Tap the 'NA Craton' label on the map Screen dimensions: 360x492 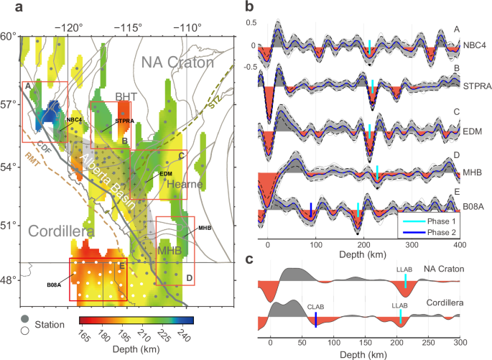click(x=177, y=63)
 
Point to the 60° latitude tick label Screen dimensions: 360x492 click(x=9, y=36)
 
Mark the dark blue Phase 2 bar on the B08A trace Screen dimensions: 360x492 click(x=310, y=209)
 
